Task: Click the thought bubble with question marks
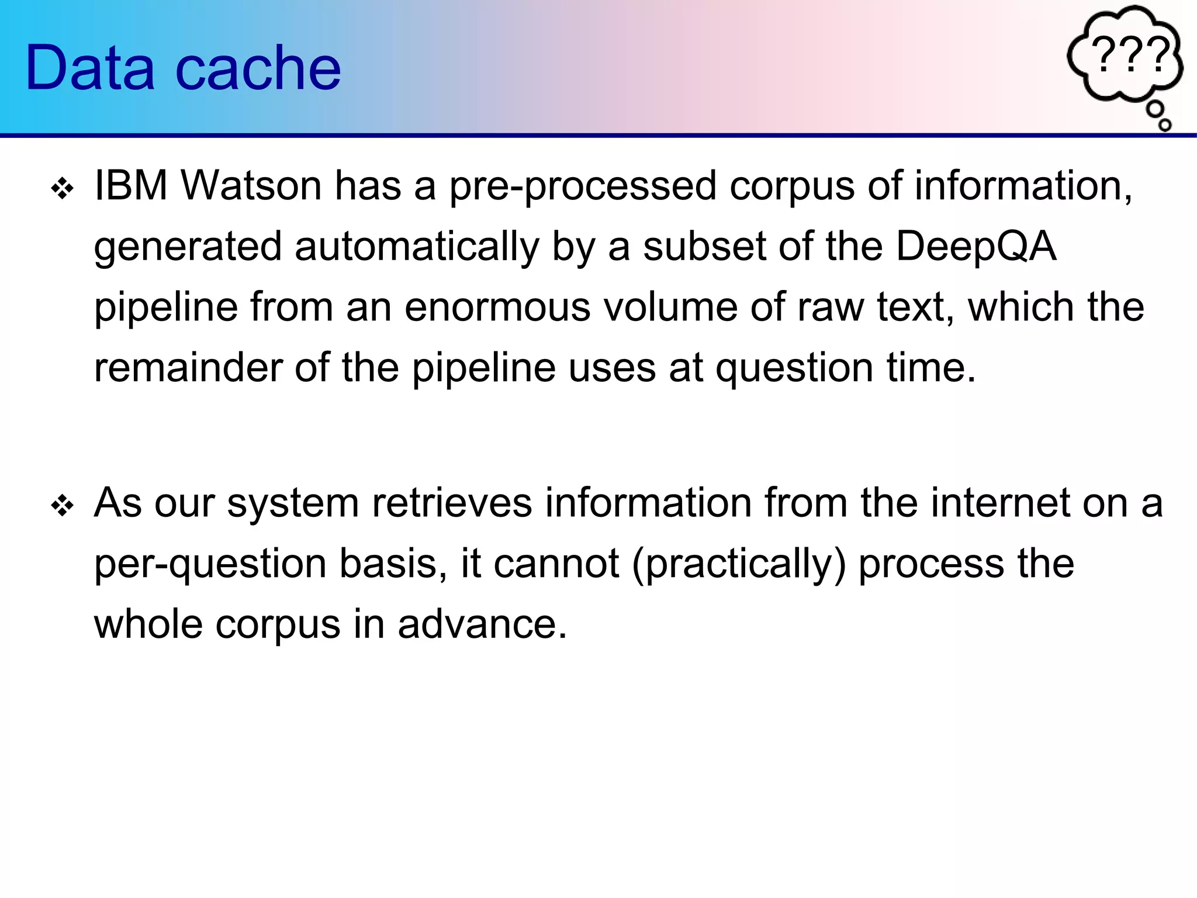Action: [1125, 56]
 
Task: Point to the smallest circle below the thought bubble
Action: [1165, 125]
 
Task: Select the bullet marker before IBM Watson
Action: [62, 189]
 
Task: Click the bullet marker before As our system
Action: [62, 506]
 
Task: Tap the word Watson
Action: [251, 186]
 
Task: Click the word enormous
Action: [497, 308]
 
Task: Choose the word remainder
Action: [188, 368]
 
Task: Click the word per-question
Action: [210, 565]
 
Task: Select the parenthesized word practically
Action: [739, 565]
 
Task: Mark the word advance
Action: [482, 624]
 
